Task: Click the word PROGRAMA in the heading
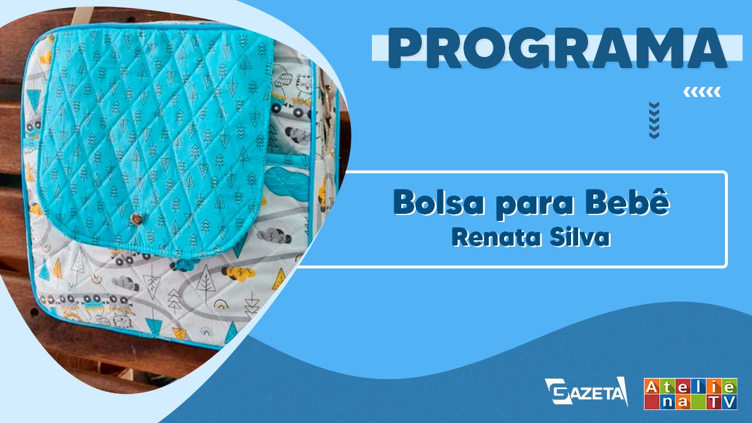558,48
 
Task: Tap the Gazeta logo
586,391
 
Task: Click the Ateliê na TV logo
690,394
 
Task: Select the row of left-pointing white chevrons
702,92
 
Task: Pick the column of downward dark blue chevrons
654,120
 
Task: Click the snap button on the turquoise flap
137,218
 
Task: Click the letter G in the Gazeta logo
558,391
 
